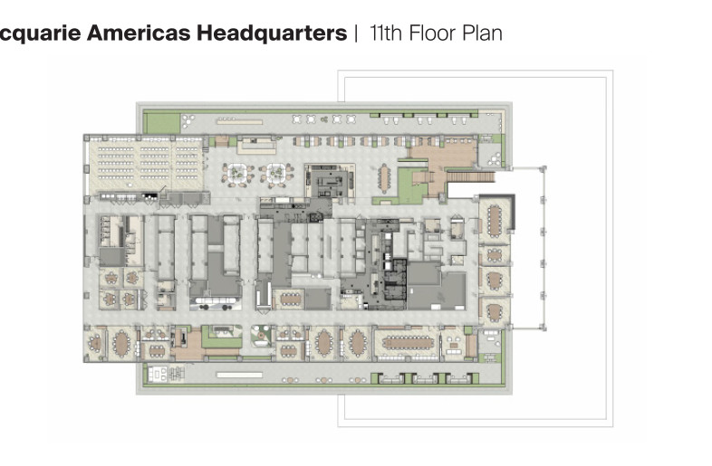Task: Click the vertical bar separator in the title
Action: coord(357,33)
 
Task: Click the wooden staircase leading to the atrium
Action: coord(471,176)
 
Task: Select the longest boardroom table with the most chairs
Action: coord(408,343)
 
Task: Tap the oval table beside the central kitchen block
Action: coord(385,177)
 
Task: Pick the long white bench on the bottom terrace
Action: coord(239,375)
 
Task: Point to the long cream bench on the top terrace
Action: coord(239,121)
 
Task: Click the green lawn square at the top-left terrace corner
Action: coord(161,123)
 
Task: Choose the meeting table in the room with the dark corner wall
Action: coord(494,221)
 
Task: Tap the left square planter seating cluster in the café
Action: coord(237,174)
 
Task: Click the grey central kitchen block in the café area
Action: coord(328,181)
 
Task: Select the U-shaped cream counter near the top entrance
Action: coord(255,146)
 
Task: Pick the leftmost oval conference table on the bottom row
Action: coord(121,344)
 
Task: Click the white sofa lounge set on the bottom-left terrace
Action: coord(157,375)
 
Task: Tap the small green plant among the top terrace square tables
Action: coord(323,119)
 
